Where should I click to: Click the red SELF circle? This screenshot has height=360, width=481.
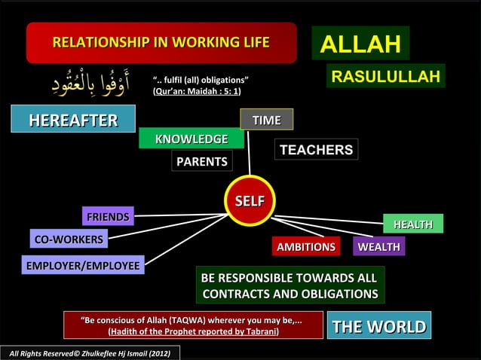click(x=250, y=202)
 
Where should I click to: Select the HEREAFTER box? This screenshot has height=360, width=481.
click(x=73, y=120)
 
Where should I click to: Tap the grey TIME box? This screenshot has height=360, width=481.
click(x=266, y=120)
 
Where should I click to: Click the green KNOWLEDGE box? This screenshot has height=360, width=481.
click(x=191, y=139)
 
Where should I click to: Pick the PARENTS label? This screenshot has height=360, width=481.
click(x=201, y=161)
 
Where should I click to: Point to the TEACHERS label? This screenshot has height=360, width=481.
click(x=316, y=150)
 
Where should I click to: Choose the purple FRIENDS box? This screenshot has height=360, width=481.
click(x=108, y=217)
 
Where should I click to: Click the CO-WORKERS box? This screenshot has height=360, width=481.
click(x=69, y=239)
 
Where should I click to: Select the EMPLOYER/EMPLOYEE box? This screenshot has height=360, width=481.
click(x=83, y=265)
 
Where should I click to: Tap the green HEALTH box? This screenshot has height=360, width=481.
click(x=412, y=224)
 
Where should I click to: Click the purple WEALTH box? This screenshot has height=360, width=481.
click(x=378, y=247)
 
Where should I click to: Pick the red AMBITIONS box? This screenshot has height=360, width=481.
click(x=305, y=247)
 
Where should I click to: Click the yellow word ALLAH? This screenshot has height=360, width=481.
click(x=360, y=44)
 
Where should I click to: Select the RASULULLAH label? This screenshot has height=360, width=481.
click(x=385, y=76)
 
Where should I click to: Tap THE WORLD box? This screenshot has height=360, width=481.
click(x=379, y=326)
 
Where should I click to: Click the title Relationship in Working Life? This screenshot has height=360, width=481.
click(x=161, y=42)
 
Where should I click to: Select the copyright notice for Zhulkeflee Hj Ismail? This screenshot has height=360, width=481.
click(x=90, y=352)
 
